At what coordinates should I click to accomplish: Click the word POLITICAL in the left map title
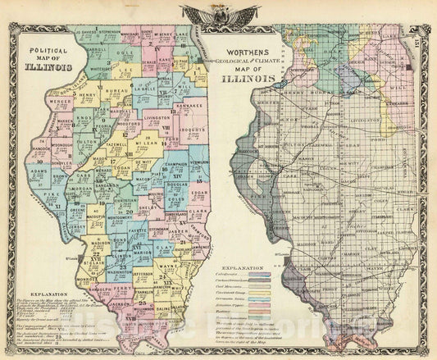(46, 49)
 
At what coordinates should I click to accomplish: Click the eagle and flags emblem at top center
(218, 14)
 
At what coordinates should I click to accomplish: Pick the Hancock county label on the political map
(41, 134)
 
